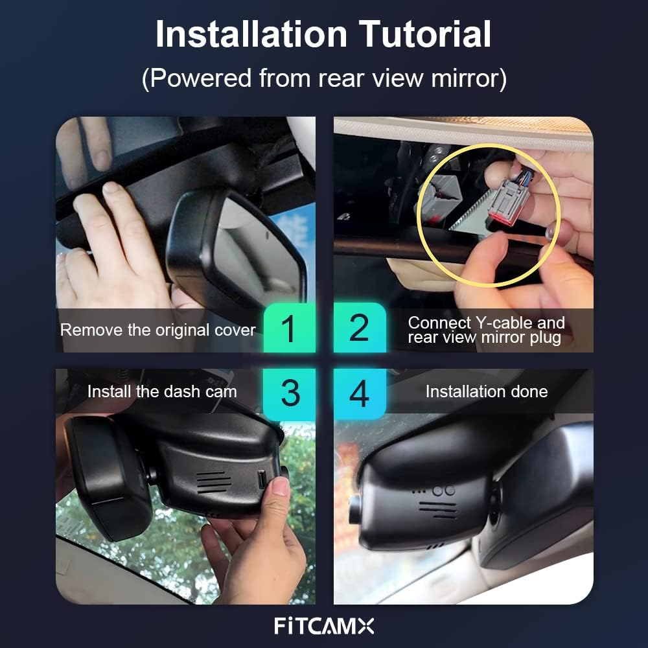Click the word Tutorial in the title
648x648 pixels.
point(425,34)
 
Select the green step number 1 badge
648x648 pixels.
point(289,328)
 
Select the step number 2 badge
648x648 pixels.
point(360,328)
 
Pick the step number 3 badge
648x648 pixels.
point(289,393)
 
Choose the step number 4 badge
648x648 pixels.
point(360,393)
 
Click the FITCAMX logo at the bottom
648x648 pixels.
point(324,626)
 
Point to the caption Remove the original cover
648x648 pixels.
point(158,330)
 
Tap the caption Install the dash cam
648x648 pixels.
point(162,391)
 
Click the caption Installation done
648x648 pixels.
point(487,391)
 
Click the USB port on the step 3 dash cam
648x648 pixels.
point(262,480)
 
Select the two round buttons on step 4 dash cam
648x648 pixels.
point(444,491)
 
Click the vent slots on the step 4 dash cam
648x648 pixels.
point(438,509)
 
